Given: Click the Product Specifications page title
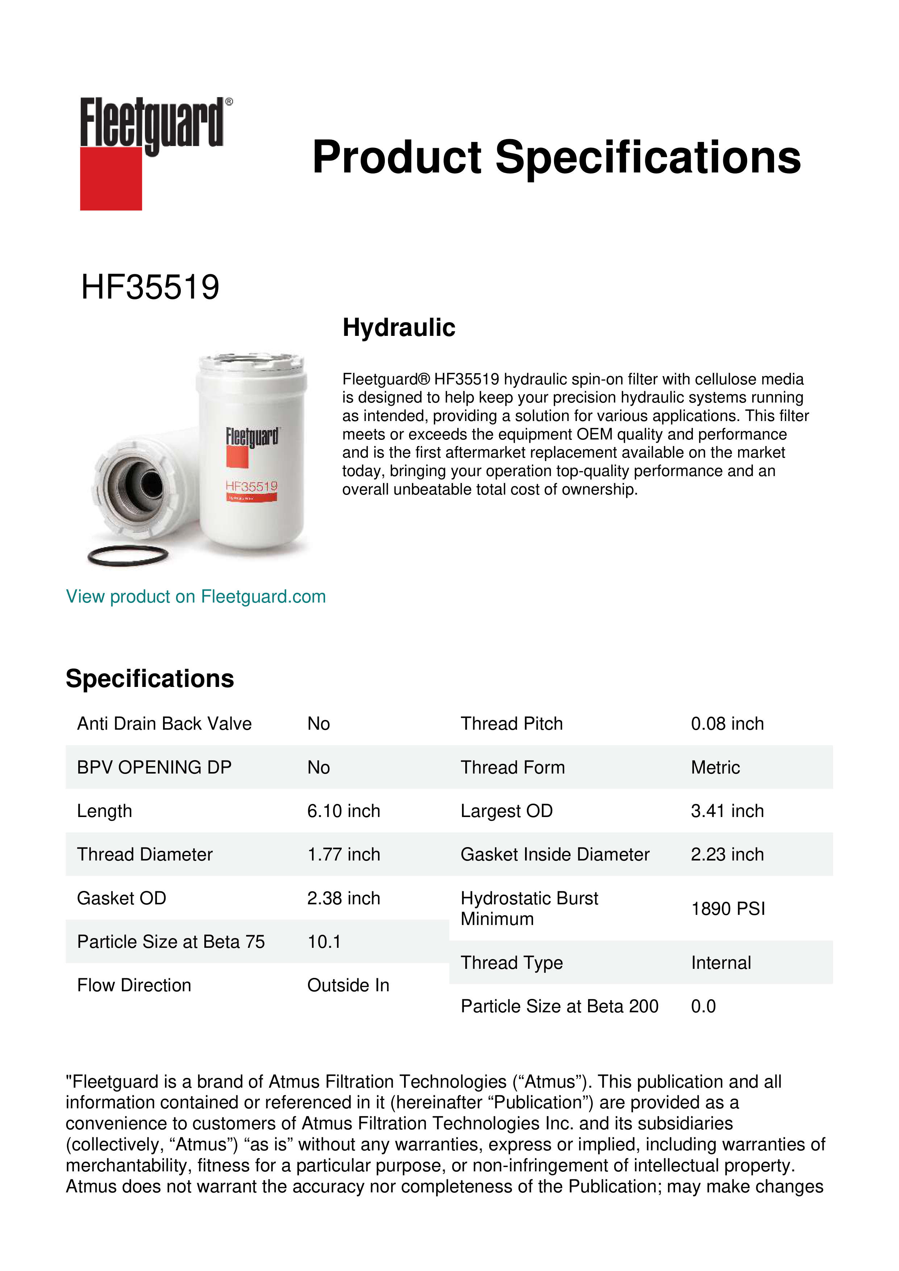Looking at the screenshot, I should point(556,157).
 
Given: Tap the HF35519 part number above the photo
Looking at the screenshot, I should point(150,287).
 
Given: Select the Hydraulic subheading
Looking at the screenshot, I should point(399,327).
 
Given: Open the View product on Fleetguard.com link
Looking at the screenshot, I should point(195,596).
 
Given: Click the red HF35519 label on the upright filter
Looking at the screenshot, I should point(251,487).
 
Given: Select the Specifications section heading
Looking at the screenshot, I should point(149,678).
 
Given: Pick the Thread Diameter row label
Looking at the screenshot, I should point(145,854).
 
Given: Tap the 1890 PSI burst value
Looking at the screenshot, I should point(727,908).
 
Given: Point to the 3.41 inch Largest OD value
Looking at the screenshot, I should point(727,810).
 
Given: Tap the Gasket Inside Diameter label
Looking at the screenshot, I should point(555,854).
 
